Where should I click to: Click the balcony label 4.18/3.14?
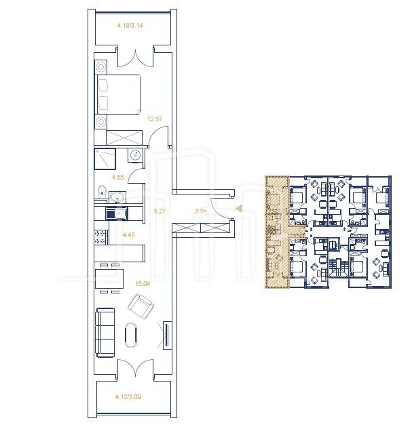tap(130, 26)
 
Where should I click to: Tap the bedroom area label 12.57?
tap(155, 119)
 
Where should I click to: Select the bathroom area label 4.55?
tap(117, 178)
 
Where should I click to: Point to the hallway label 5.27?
tap(160, 211)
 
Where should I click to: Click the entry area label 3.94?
tap(201, 211)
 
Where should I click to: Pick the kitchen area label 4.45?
tap(128, 234)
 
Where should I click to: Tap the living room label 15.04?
tap(143, 284)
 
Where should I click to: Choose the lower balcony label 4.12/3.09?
tap(128, 397)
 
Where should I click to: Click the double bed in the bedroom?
tap(118, 94)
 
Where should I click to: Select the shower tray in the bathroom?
tap(105, 159)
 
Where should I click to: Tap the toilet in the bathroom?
tap(102, 191)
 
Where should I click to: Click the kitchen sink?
tap(117, 213)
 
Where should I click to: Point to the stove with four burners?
tap(100, 237)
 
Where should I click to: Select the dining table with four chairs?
tap(109, 279)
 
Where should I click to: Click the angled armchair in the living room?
tap(141, 306)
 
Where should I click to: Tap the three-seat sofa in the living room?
tap(105, 333)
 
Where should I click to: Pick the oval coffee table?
tap(131, 335)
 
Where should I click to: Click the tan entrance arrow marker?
tap(239, 209)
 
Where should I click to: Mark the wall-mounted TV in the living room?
tap(167, 335)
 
